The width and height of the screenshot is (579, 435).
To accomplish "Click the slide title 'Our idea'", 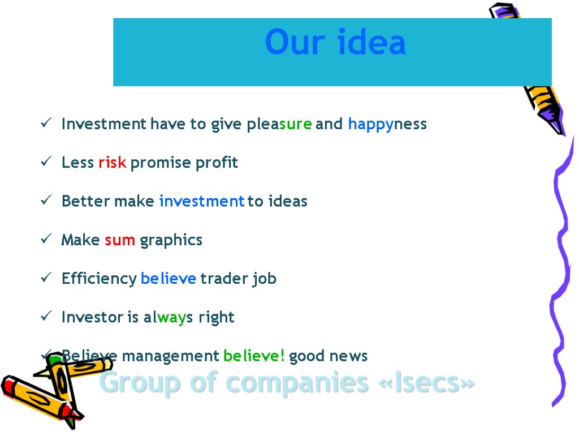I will tap(335, 43).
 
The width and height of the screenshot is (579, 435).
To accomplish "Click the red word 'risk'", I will tap(112, 163).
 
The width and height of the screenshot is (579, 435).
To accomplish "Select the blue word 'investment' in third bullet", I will tap(202, 201).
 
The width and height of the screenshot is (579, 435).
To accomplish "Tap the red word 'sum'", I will tap(120, 240).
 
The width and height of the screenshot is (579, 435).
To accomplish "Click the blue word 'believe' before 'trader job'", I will tap(168, 279).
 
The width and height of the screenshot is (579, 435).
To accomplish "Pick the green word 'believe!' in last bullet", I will tap(254, 356).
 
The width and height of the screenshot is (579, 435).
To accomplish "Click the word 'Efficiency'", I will tap(99, 279).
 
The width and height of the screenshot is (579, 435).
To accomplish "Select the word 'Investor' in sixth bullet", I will tap(92, 317).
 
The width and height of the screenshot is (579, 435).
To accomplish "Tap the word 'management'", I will tap(170, 356).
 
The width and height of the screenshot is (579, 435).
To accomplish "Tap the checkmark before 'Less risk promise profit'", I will tap(47, 163).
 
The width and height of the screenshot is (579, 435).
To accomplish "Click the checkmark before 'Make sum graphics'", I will tap(47, 240).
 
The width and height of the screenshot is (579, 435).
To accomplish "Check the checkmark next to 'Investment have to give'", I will tap(47, 124).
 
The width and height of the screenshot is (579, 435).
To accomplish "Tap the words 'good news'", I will tap(329, 356).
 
